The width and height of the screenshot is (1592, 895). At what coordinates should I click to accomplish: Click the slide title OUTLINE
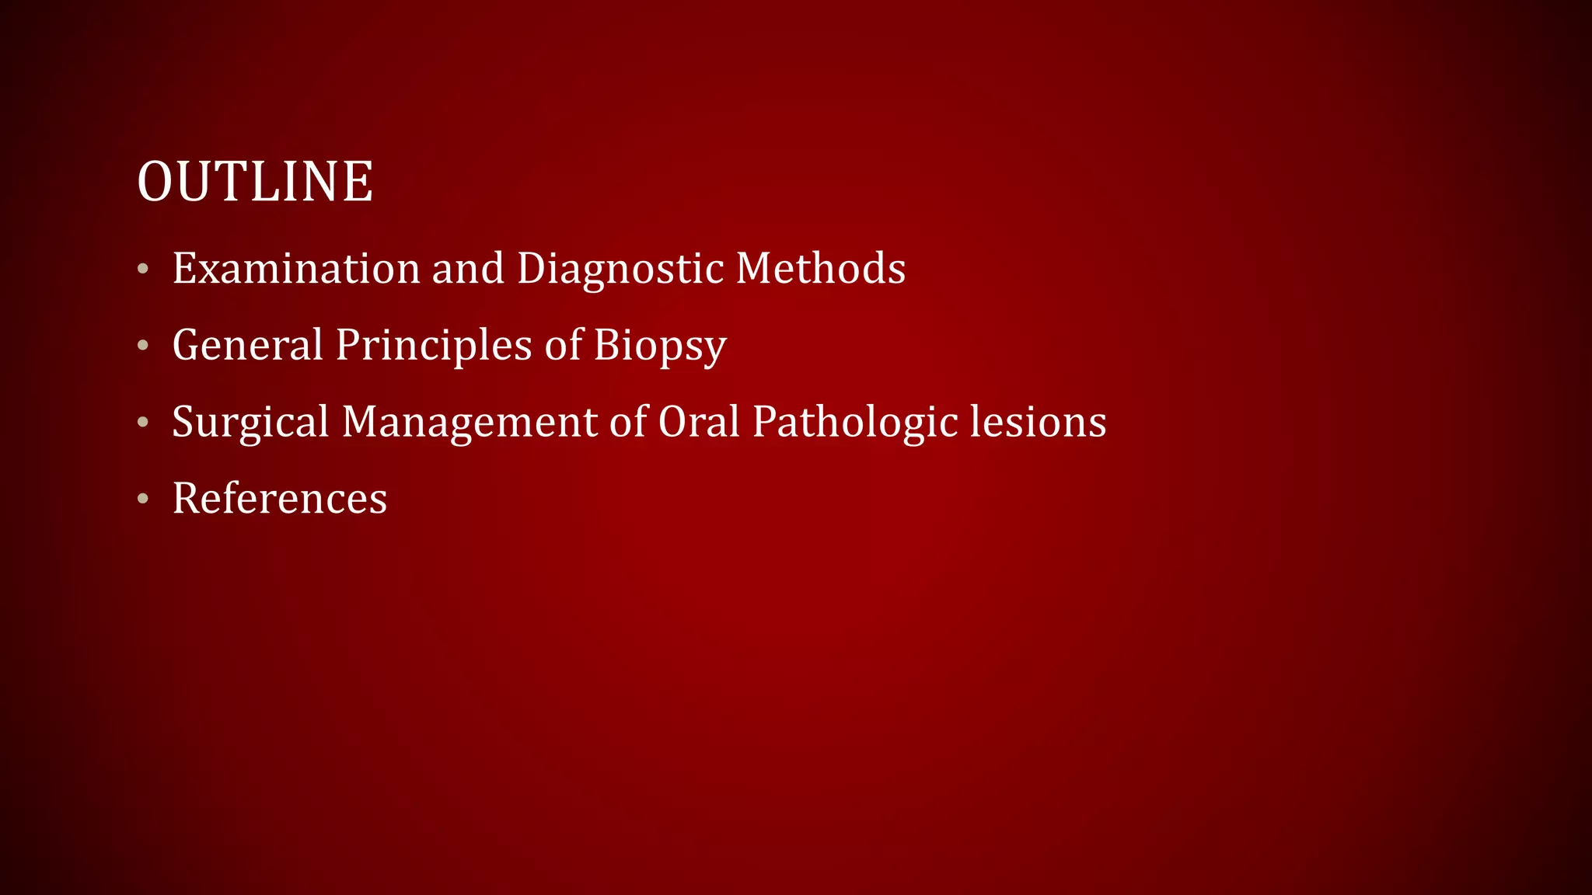(x=255, y=182)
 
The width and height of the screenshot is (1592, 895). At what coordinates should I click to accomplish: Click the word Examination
(x=296, y=269)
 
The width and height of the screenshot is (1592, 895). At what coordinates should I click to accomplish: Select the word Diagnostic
(x=620, y=269)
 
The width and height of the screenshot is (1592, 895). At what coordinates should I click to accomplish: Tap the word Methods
(x=820, y=269)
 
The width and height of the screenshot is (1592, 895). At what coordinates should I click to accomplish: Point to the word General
(x=247, y=345)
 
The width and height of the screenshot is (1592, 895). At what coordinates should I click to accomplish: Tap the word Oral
(x=699, y=422)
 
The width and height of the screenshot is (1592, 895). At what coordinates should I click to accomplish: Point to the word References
(x=280, y=499)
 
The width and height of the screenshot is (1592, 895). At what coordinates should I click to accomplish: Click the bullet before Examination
(x=142, y=270)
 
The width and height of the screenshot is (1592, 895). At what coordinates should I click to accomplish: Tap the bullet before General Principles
(x=142, y=346)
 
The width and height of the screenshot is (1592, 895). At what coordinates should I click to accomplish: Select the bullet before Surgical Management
(x=142, y=423)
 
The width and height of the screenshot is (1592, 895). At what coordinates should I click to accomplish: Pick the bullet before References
(x=142, y=499)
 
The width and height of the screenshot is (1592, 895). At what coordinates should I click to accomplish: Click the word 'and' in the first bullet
(x=468, y=269)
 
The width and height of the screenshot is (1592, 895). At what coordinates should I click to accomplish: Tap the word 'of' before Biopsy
(x=563, y=345)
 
